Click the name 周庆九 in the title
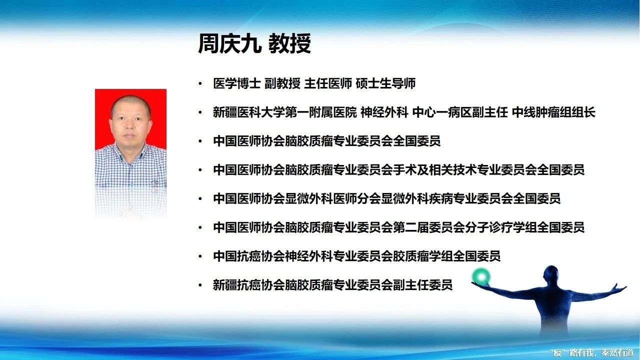[229, 43]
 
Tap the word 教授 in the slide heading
[289, 43]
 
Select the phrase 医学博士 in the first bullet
[237, 83]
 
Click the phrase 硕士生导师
[385, 83]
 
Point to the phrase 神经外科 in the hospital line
[384, 112]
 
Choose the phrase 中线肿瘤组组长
[553, 112]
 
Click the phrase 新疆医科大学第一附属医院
[285, 112]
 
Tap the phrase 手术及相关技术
[435, 170]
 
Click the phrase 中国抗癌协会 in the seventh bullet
[249, 256]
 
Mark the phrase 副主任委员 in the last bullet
[423, 285]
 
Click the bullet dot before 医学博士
[200, 83]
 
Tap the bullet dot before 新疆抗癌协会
[200, 285]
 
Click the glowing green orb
[481, 276]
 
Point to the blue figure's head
[551, 275]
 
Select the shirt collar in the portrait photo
[130, 151]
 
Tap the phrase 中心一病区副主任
[460, 112]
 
